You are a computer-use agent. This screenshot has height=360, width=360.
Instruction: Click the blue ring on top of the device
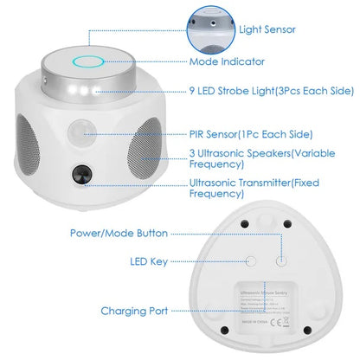88,61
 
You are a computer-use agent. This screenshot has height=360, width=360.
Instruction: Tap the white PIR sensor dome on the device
81,134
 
